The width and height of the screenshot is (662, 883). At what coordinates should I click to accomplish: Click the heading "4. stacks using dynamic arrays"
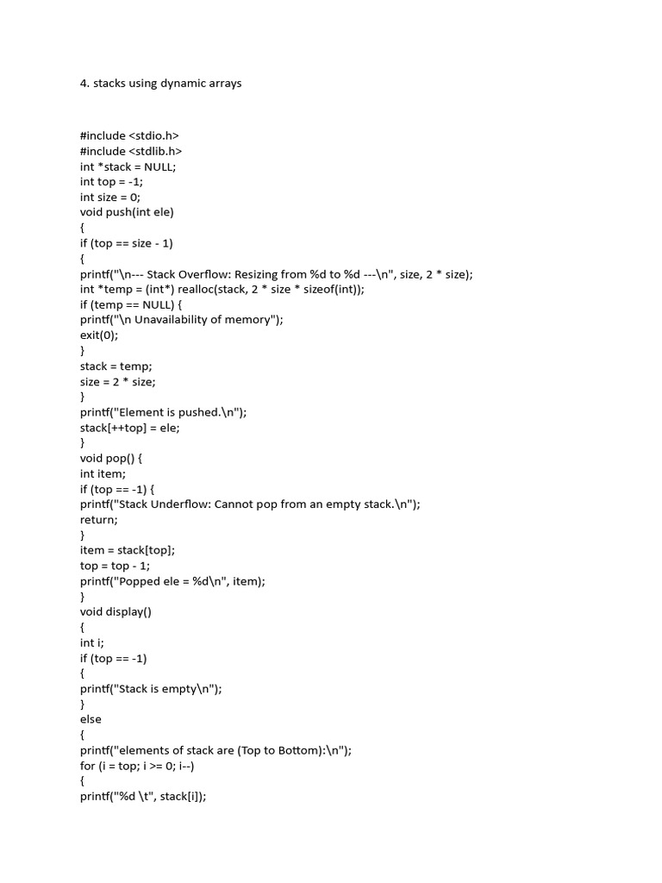coord(161,84)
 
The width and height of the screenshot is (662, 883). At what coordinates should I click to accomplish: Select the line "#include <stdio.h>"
coord(129,135)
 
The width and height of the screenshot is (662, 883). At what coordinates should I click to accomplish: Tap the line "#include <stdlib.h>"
coord(131,151)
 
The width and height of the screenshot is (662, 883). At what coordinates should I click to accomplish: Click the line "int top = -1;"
coord(111,182)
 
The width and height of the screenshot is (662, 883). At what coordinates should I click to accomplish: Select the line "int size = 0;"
coord(111,197)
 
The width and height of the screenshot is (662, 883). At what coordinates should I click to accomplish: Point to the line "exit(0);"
coord(99,336)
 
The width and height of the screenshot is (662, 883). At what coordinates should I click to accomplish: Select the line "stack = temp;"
coord(116,366)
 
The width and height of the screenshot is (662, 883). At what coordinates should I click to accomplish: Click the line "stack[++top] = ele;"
coord(130,428)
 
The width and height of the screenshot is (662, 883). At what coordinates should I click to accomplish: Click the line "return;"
coord(99,520)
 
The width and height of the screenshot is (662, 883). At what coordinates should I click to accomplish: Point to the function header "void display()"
coord(116,612)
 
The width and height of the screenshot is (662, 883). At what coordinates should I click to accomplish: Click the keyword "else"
coord(91,719)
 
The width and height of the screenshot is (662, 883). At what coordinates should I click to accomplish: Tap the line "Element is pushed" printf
coord(164,412)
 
